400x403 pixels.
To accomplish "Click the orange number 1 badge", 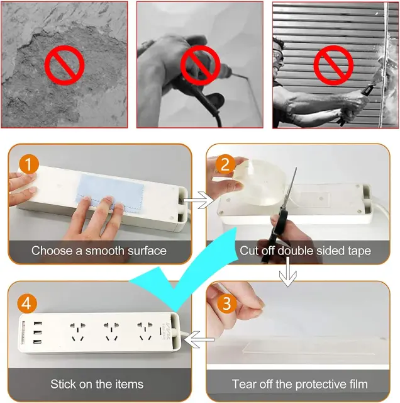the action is coord(29,164).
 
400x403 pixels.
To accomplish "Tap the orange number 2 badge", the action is coord(225,164).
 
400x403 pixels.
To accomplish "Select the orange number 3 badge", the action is coord(226,304).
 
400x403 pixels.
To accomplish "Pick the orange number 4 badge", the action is coord(27,304).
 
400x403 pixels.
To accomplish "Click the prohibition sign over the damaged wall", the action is coord(64,65).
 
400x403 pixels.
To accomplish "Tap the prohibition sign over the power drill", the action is coord(200,65).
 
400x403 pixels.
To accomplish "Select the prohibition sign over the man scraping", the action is coord(333,65).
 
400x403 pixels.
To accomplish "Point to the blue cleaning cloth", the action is coord(111,193).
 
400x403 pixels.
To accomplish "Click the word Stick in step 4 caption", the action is coord(63,384).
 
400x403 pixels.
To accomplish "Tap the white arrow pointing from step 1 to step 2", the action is coord(198,200).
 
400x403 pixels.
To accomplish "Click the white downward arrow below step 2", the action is coord(288,272).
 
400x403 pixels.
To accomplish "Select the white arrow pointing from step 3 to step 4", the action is coord(199,339).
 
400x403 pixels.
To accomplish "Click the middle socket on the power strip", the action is coord(111,331).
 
